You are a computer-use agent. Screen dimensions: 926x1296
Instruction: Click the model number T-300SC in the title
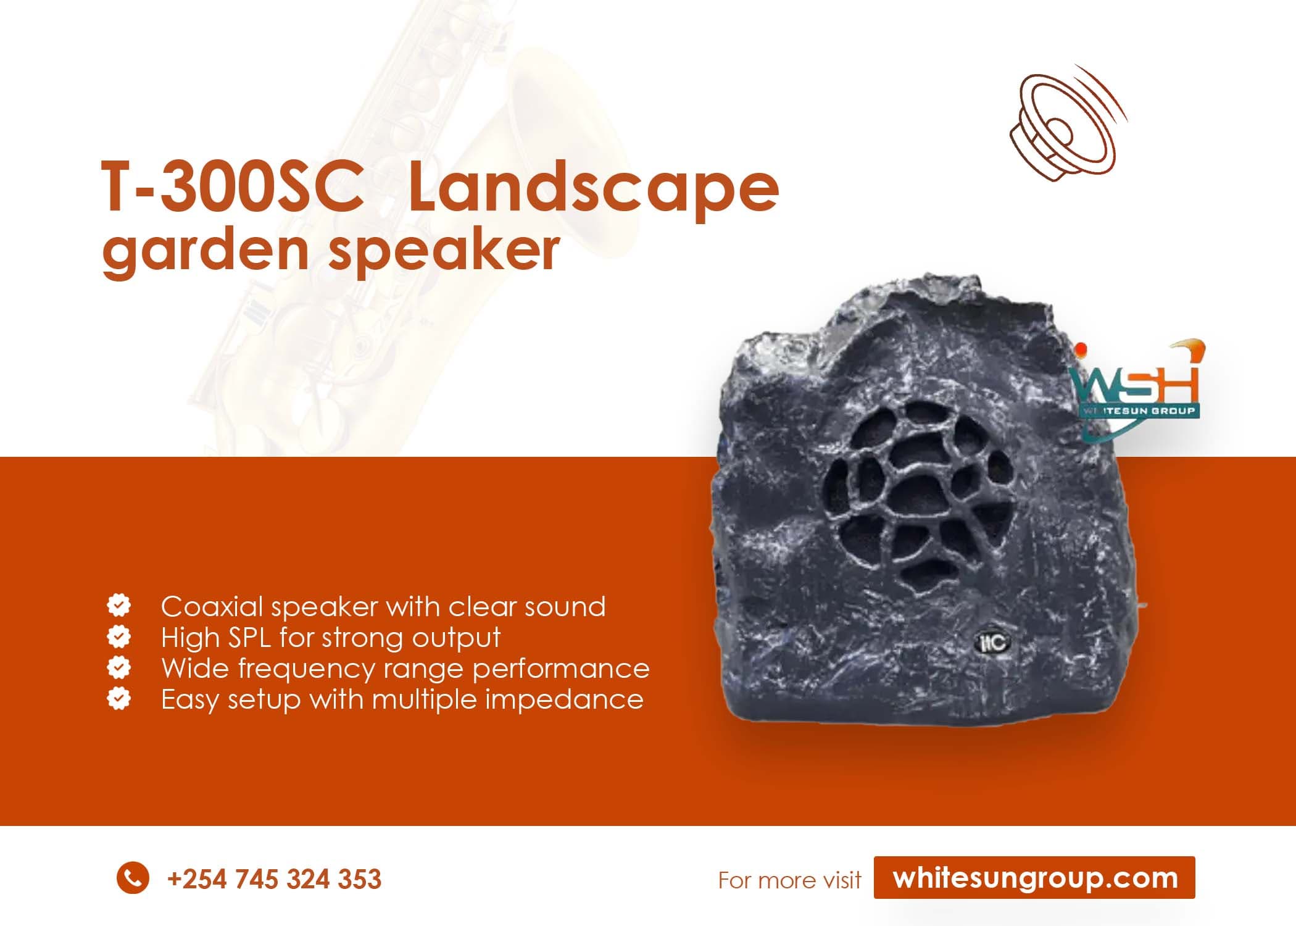click(232, 187)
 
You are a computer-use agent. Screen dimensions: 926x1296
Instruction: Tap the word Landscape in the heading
click(593, 187)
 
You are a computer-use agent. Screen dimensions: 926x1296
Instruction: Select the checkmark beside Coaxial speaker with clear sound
click(118, 606)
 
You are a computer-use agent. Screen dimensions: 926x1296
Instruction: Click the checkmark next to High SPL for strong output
click(118, 636)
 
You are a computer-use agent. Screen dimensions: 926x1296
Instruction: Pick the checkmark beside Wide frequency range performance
click(118, 667)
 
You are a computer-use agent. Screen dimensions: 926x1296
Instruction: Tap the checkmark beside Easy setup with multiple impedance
click(118, 698)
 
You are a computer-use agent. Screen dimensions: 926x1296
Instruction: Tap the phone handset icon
click(133, 877)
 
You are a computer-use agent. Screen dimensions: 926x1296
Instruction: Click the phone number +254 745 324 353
click(274, 879)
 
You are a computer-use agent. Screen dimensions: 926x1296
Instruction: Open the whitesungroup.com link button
click(1034, 877)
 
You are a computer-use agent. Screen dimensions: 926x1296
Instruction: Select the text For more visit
click(789, 880)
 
